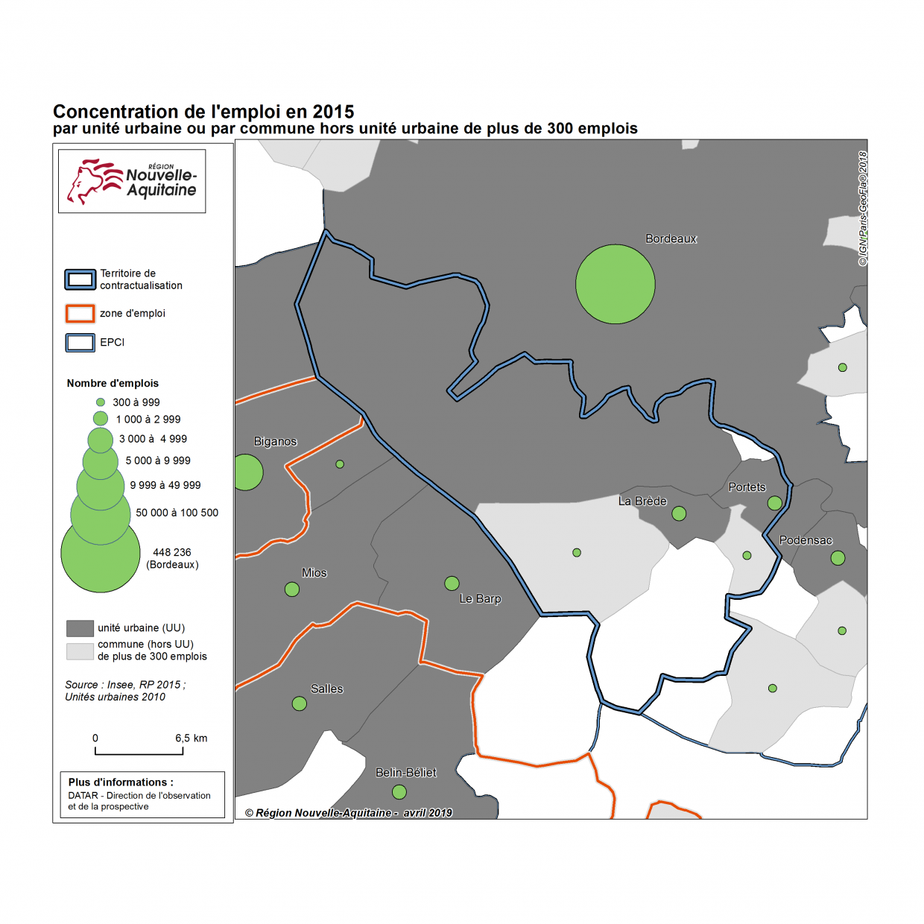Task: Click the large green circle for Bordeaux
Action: pos(615,284)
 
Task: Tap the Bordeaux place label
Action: pos(671,238)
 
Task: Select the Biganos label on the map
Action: pos(275,441)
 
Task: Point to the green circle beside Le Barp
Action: pos(452,583)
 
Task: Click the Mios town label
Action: pos(314,572)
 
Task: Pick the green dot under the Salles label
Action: pos(300,703)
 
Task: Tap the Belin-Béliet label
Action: pos(405,773)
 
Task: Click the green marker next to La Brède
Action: pos(679,513)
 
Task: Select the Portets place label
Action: pos(747,487)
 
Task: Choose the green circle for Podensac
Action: pos(838,557)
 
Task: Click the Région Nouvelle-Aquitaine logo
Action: pos(132,181)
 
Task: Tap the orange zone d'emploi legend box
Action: pos(80,314)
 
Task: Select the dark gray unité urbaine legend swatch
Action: pos(80,628)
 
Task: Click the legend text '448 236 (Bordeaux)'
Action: pos(172,558)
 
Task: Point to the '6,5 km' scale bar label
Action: pos(192,738)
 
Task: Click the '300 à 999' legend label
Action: pos(136,402)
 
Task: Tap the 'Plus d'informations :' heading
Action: pos(121,782)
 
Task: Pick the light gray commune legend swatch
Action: pos(80,651)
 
